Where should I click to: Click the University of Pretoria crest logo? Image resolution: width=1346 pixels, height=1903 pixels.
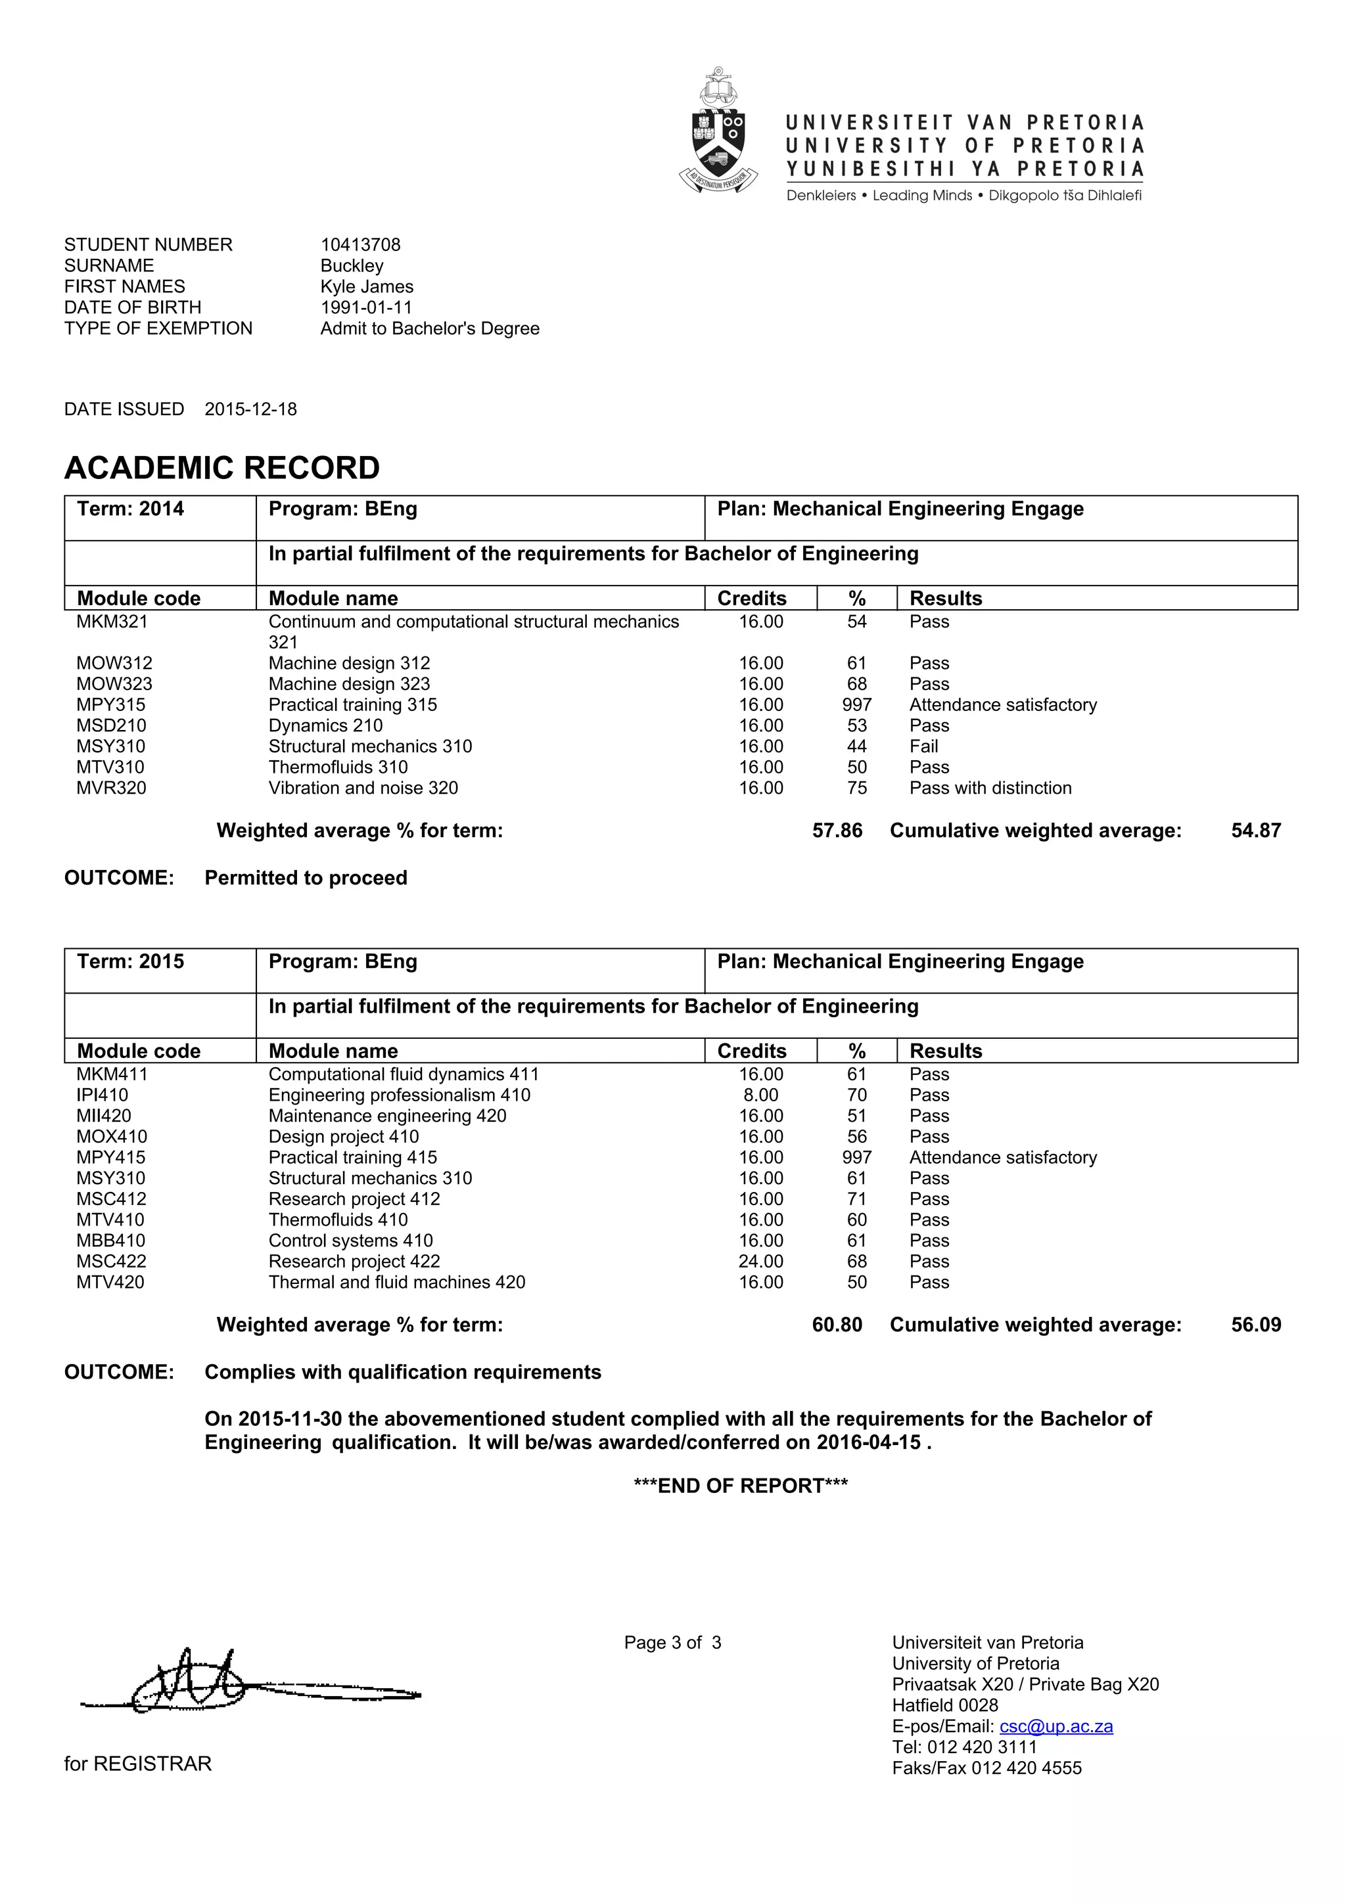coord(718,133)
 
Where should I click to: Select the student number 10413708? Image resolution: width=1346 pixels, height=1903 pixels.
coord(361,244)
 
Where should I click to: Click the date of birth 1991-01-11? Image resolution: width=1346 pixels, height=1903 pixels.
coord(366,308)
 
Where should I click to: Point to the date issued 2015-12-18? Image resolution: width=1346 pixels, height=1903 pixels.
coord(250,409)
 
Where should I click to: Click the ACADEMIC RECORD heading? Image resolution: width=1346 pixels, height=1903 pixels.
coord(222,469)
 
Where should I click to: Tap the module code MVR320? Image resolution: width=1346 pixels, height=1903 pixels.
coord(111,789)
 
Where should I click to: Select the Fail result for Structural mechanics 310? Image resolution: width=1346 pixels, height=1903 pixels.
coord(923,746)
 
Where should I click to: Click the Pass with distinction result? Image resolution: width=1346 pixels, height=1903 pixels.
coord(990,789)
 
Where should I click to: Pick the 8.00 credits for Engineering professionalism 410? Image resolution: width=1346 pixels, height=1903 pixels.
coord(761,1095)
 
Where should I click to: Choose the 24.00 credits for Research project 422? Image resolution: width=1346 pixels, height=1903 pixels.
coord(761,1262)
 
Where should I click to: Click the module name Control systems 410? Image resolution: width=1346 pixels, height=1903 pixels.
coord(350,1241)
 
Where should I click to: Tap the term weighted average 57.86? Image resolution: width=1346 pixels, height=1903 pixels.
coord(837,831)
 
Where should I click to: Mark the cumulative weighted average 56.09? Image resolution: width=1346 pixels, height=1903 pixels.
coord(1256,1325)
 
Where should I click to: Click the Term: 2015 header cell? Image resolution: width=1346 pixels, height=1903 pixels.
coord(131,961)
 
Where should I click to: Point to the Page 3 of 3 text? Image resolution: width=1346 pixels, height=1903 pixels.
coord(672,1643)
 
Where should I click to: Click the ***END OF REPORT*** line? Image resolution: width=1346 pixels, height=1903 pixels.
coord(740,1486)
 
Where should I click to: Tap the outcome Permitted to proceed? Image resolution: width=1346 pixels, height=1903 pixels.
coord(306,878)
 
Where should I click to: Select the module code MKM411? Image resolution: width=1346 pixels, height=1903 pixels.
coord(112,1074)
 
